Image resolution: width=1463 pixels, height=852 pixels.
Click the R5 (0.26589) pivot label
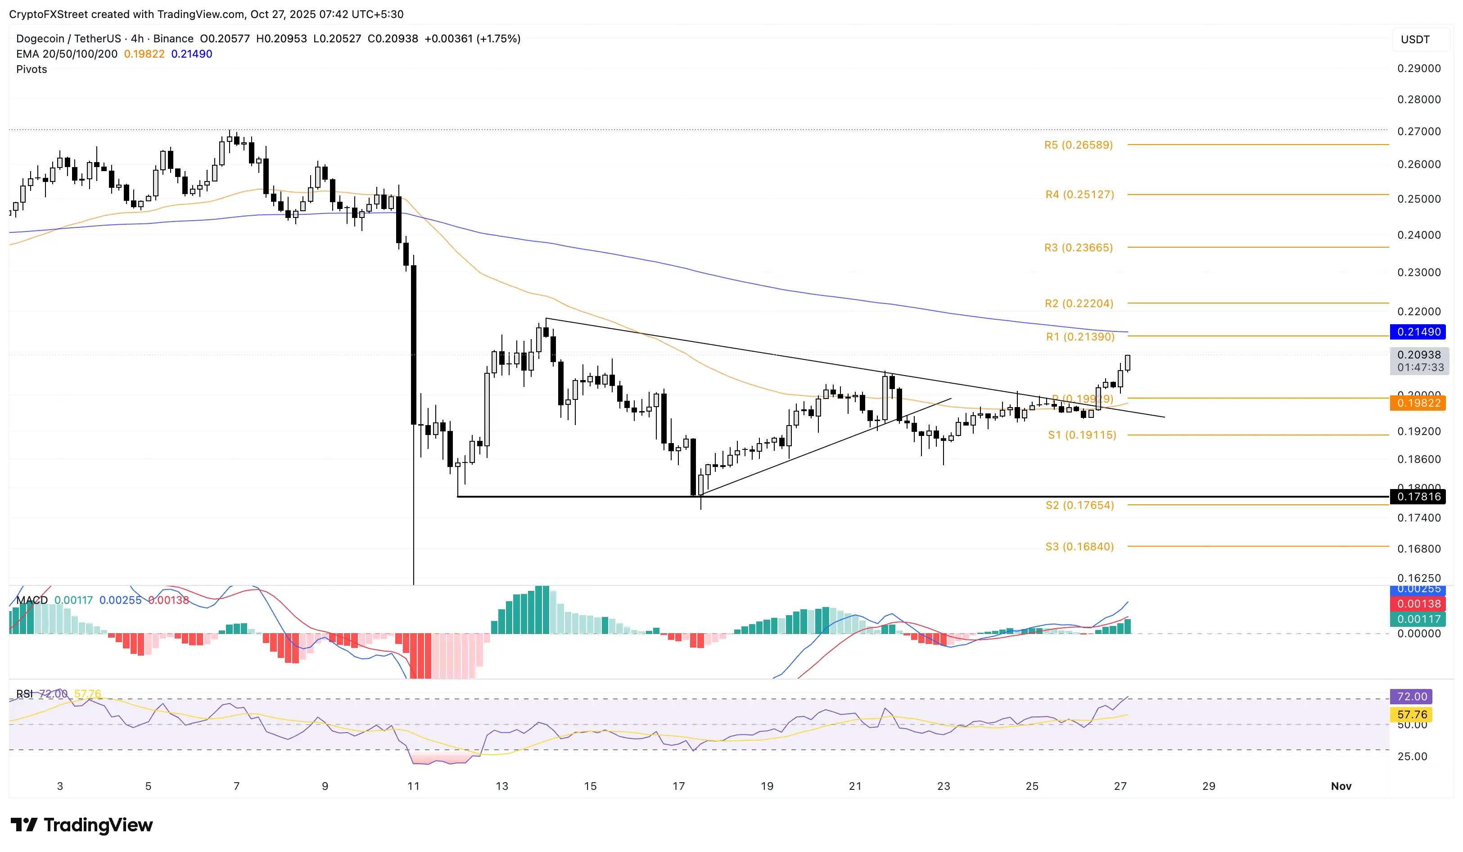coord(1078,145)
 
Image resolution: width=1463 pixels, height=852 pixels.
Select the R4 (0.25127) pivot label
coord(1079,195)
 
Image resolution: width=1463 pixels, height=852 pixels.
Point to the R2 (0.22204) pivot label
coord(1079,303)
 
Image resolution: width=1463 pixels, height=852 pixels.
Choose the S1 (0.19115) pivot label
coord(1082,435)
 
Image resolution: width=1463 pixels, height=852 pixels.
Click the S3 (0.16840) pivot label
coord(1079,547)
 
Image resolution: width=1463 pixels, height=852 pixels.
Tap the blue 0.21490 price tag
coord(1418,331)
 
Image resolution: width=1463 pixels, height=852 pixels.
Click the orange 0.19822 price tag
coord(1418,403)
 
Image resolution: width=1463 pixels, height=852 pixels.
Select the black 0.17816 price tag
coord(1418,497)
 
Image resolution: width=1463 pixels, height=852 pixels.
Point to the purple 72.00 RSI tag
coord(1411,696)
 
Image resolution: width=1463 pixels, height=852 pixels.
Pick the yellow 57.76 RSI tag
coord(1411,714)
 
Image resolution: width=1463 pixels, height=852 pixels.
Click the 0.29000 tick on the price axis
coord(1418,68)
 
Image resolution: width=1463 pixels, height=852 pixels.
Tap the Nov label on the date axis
coord(1341,786)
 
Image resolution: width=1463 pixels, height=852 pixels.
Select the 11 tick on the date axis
coord(413,786)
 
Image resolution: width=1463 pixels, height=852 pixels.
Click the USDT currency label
coord(1415,40)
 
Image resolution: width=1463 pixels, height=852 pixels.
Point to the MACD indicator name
coord(32,600)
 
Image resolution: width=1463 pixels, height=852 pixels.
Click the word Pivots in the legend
coord(32,69)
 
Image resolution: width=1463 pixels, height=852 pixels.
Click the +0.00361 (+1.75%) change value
coord(472,39)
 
